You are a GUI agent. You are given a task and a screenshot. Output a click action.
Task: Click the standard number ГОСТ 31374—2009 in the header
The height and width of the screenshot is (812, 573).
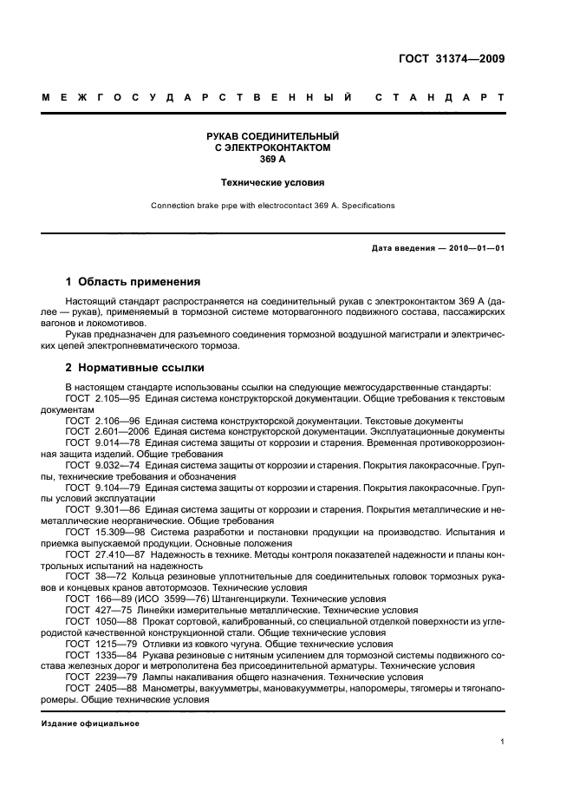pos(454,59)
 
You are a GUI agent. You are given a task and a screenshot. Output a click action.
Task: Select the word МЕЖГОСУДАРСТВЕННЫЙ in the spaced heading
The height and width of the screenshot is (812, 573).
pos(197,98)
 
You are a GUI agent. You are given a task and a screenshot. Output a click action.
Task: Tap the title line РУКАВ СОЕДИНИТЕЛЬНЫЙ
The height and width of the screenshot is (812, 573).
pos(272,137)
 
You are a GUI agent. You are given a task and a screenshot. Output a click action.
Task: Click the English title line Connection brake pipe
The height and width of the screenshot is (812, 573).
pos(272,206)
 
